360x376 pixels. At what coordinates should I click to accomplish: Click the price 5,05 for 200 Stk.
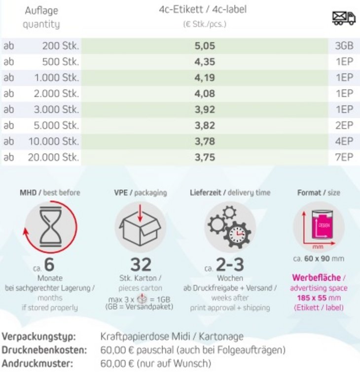point(205,46)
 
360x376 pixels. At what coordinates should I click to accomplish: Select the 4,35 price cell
point(205,62)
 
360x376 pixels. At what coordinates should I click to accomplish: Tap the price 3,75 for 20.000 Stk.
point(205,157)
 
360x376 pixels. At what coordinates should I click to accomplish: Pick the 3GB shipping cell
point(344,46)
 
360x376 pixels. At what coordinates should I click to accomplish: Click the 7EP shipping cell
point(344,157)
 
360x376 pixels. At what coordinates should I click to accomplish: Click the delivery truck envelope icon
point(344,18)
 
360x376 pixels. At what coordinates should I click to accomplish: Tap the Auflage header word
point(41,10)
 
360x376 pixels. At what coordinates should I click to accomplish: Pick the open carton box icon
point(141,227)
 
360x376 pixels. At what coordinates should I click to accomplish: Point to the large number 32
point(141,265)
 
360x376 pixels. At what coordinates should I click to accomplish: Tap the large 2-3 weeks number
point(230,265)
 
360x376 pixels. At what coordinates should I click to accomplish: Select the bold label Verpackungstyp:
point(39,337)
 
